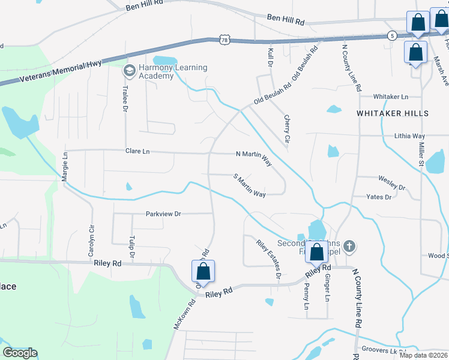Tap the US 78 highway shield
224,40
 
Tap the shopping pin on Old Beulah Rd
204,271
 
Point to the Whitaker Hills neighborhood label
393,113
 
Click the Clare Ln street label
137,151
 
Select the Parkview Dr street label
163,214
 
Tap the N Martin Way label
254,158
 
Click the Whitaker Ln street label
390,97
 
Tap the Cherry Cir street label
286,129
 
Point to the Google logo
20,353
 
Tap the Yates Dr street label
379,197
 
